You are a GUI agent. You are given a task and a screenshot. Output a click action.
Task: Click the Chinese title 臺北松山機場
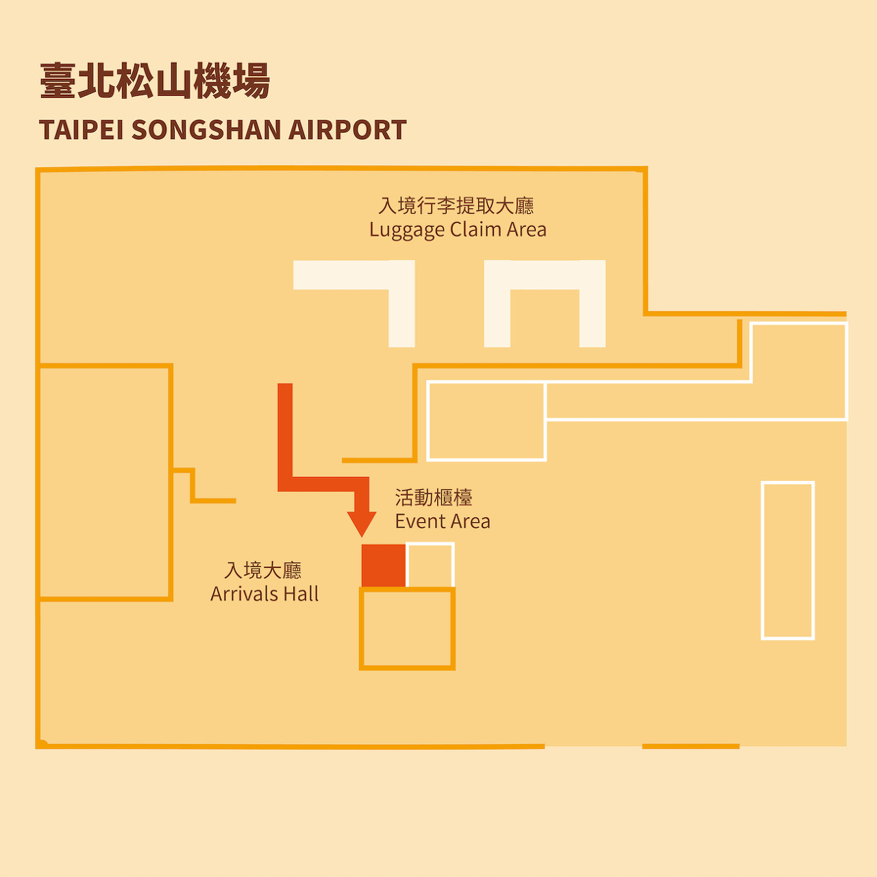point(155,81)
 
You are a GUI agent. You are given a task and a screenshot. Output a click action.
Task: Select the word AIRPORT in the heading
point(347,130)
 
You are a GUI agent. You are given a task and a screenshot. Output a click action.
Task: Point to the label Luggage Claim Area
point(458,230)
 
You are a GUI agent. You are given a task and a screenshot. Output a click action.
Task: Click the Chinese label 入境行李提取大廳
point(456,206)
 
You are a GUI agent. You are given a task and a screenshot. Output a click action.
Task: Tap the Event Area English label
point(443,521)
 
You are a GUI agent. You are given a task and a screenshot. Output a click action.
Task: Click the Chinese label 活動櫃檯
point(434,497)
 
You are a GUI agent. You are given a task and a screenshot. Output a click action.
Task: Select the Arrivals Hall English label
point(264,594)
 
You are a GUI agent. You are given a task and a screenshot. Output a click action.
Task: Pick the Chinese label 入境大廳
point(263,570)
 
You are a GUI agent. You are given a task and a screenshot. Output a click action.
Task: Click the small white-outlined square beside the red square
point(430,565)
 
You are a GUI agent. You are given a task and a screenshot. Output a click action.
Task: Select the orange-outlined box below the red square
point(408,629)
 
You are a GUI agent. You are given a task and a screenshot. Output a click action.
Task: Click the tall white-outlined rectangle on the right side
point(788,560)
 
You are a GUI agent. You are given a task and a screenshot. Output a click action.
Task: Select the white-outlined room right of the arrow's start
point(486,421)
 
